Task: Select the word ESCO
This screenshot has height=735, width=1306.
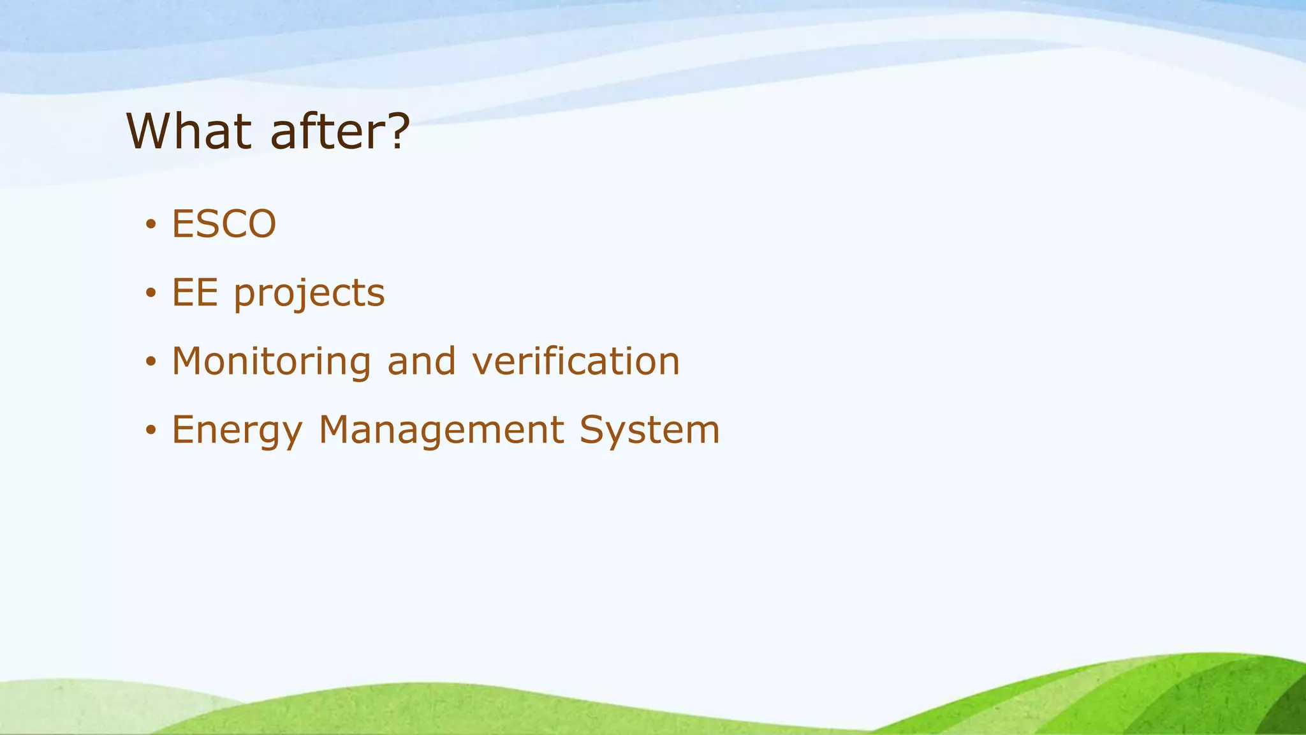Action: pyautogui.click(x=224, y=224)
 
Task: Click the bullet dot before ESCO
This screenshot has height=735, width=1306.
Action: pyautogui.click(x=150, y=225)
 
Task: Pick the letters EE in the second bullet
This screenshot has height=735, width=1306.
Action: pyautogui.click(x=194, y=293)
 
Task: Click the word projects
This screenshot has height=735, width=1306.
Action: pyautogui.click(x=309, y=295)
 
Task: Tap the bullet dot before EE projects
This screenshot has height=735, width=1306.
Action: pyautogui.click(x=150, y=293)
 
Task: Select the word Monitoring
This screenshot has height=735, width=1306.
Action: pyautogui.click(x=271, y=362)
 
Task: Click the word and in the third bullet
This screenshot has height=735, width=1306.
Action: pyautogui.click(x=422, y=361)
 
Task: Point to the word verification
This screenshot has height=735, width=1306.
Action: pyautogui.click(x=576, y=361)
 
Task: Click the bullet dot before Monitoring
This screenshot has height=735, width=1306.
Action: pyautogui.click(x=150, y=362)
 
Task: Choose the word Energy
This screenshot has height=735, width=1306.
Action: pyautogui.click(x=237, y=431)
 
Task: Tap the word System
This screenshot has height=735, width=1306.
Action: pyautogui.click(x=650, y=430)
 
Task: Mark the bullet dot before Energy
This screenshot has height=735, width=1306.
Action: pyautogui.click(x=150, y=431)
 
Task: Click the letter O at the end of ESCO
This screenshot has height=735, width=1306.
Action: pyautogui.click(x=261, y=224)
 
